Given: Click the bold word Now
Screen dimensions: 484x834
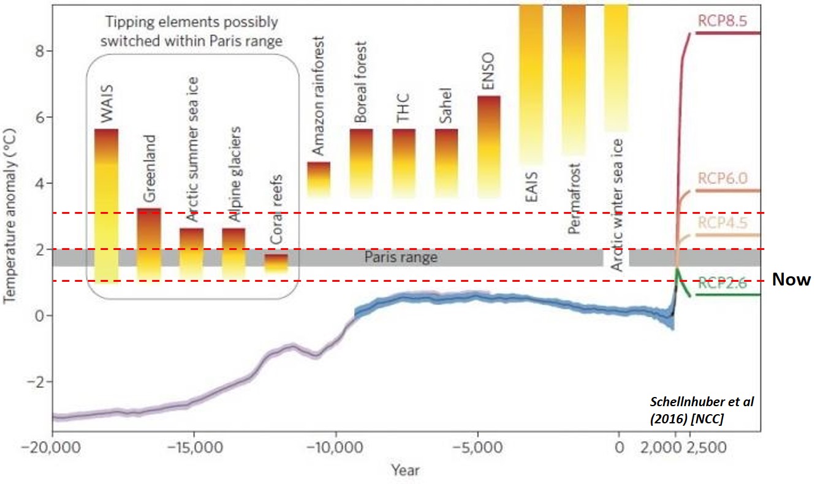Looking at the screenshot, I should point(791,280).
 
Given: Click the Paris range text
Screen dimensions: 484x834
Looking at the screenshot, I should point(401,257).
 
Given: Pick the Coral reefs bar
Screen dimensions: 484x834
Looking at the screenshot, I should point(276,262).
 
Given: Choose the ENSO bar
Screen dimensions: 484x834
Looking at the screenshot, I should point(488,146).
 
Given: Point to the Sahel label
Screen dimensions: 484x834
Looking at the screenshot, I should point(445,108).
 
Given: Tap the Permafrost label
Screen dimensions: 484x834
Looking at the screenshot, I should point(574,202).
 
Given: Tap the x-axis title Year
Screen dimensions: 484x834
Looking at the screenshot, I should point(406,470).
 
